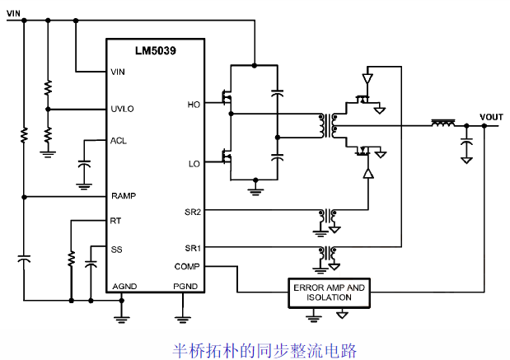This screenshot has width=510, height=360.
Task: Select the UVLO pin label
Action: point(123,109)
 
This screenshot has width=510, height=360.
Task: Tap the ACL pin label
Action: point(119,140)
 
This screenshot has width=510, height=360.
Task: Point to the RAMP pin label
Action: point(124,196)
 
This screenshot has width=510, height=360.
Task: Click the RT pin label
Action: point(116,221)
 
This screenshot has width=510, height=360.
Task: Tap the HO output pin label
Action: point(194,104)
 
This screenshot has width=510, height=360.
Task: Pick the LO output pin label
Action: point(194,164)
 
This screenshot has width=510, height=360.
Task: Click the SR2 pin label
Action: point(193,212)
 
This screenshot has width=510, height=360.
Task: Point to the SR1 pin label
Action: point(193,248)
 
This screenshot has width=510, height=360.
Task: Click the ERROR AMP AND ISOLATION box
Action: point(328,292)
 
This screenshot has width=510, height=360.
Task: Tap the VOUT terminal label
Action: point(490,117)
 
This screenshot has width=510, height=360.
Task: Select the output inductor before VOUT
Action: point(443,124)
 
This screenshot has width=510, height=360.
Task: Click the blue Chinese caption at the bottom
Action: point(264,350)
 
